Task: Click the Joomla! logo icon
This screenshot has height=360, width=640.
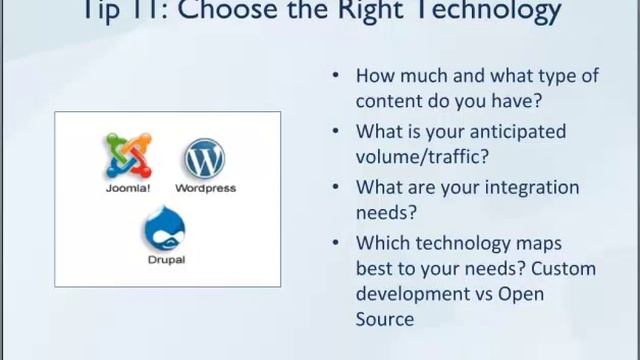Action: pos(128,156)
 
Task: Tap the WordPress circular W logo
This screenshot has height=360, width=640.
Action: pos(205,159)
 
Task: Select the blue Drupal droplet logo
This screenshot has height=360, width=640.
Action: pos(164,229)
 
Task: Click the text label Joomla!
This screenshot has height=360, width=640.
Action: pos(128,187)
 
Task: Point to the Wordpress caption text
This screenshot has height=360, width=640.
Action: pos(205,187)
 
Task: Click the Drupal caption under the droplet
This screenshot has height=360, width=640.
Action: pos(165,260)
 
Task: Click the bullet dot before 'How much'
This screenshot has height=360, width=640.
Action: pos(334,76)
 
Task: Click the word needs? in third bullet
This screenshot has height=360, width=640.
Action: pos(386,212)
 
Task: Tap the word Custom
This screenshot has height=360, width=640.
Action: pos(564,268)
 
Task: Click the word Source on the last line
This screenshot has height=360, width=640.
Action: pos(385,319)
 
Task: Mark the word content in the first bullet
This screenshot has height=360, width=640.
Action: pos(387,100)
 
